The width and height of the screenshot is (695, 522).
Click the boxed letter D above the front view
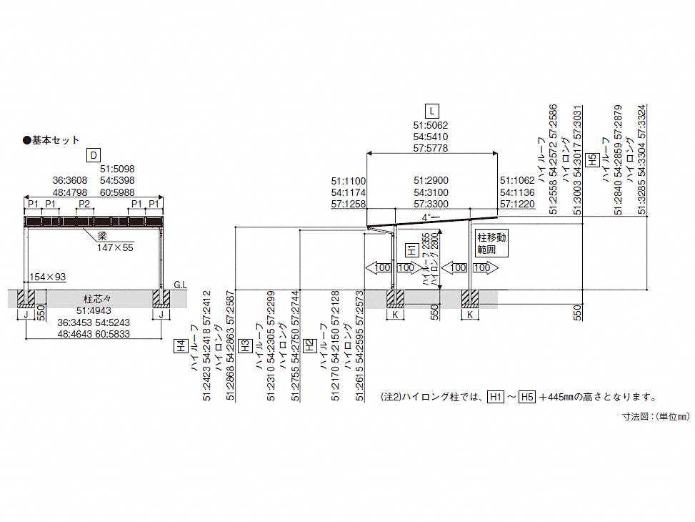pos(94,154)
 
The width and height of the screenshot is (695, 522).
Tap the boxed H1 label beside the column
pos(411,250)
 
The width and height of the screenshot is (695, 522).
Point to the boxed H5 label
pos(591,160)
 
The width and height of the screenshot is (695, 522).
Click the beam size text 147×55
pos(116,247)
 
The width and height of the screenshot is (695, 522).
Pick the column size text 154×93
pos(47,277)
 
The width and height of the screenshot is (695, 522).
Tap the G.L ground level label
pos(180,285)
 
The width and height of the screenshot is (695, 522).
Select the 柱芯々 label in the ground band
pos(94,299)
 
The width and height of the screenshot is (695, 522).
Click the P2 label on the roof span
pos(85,205)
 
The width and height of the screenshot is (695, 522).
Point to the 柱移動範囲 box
pos(491,244)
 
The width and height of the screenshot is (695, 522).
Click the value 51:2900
pos(431,181)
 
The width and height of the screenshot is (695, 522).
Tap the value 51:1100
pos(349,181)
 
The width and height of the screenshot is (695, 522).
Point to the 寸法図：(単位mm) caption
pos(654,415)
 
